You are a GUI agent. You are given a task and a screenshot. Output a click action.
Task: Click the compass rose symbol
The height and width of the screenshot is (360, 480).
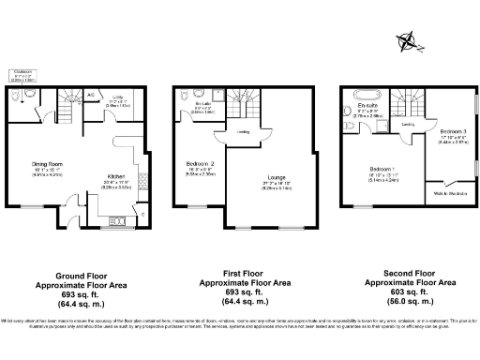pyautogui.click(x=408, y=39)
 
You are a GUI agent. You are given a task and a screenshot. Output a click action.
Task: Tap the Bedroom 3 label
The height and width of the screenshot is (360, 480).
pyautogui.click(x=452, y=130)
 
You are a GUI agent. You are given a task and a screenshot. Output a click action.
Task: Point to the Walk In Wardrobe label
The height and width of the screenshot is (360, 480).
pyautogui.click(x=450, y=194)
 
